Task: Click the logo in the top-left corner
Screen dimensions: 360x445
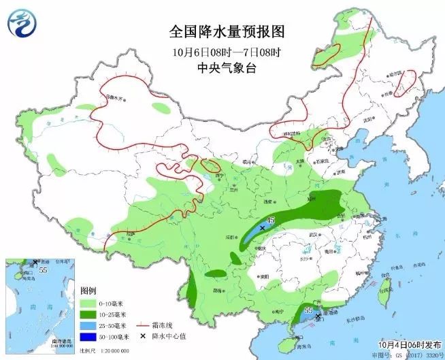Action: pyautogui.click(x=22, y=22)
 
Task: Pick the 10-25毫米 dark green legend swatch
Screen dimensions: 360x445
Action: pyautogui.click(x=88, y=314)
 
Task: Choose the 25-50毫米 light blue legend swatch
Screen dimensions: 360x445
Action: pyautogui.click(x=88, y=326)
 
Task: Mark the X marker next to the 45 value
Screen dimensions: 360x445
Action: pyautogui.click(x=262, y=228)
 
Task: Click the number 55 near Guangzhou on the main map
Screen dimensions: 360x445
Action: pyautogui.click(x=308, y=310)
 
